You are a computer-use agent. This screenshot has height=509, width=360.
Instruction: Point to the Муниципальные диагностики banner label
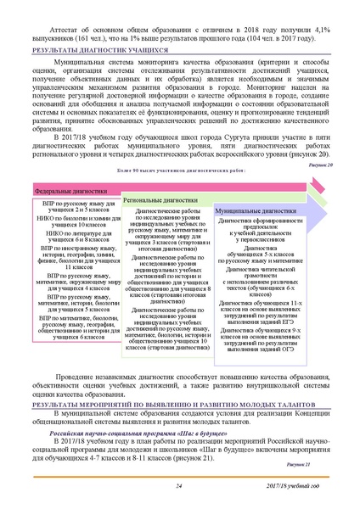[x=255, y=208]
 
